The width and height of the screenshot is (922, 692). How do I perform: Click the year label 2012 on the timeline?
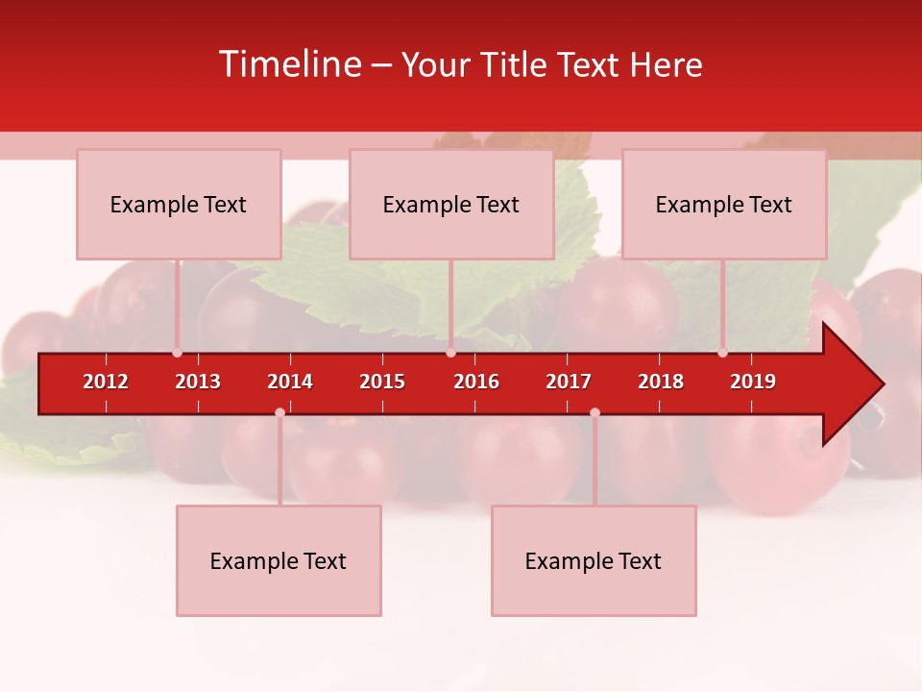[x=106, y=382]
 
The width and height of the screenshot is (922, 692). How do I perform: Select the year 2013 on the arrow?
[x=198, y=382]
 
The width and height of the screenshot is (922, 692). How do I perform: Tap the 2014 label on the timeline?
[x=290, y=382]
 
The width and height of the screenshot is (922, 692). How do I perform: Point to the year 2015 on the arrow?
[x=382, y=382]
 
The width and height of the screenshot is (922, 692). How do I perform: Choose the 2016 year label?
[x=476, y=382]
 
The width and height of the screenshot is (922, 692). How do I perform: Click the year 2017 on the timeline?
[x=569, y=382]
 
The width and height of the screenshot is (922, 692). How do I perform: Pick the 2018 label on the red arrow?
[x=661, y=382]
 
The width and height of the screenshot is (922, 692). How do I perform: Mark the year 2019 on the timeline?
[x=753, y=382]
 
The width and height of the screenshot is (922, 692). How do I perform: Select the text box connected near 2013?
[x=179, y=204]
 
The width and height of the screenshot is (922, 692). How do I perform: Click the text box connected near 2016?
[x=451, y=204]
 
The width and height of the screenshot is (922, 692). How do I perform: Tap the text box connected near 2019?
[x=724, y=204]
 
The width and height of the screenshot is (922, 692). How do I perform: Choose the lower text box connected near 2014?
[x=279, y=560]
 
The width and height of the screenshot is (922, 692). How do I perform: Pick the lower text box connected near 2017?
[x=594, y=560]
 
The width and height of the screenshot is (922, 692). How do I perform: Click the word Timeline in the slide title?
[x=288, y=64]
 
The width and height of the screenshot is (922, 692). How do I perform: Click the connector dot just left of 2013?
[x=177, y=353]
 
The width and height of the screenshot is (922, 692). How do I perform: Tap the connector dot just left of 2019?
[x=722, y=353]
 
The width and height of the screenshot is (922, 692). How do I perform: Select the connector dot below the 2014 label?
[x=279, y=412]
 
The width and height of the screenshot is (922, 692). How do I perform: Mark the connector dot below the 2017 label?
[x=594, y=412]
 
